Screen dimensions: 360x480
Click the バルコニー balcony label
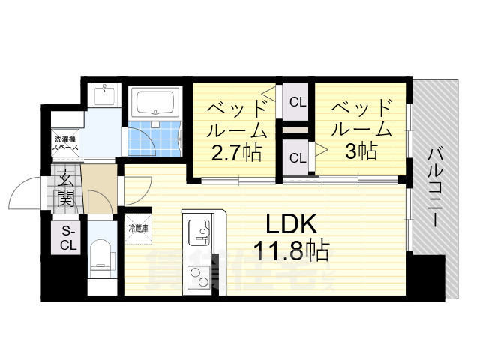click(433, 187)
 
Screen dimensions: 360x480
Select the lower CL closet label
click(297, 158)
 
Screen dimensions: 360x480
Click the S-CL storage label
click(68, 237)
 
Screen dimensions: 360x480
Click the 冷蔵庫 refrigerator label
click(138, 228)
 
